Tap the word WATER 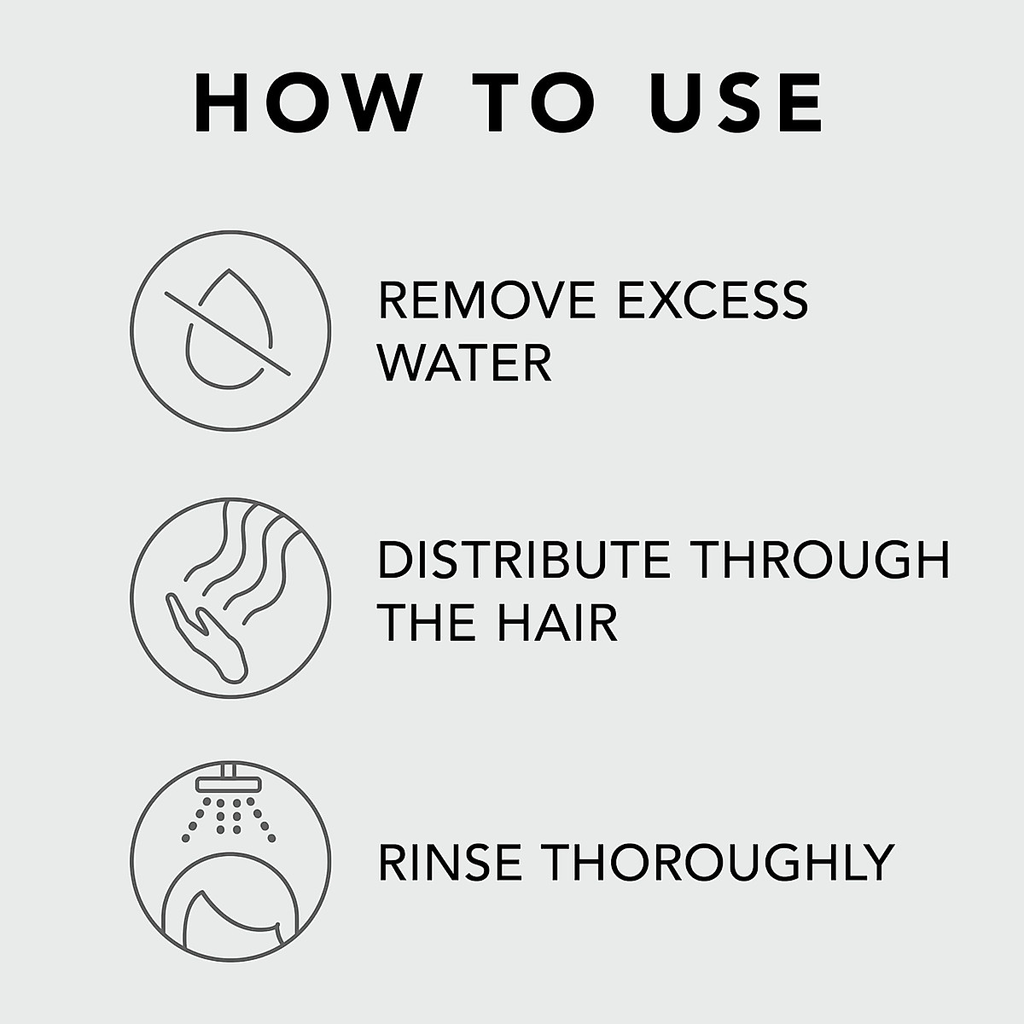(x=465, y=363)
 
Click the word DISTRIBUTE (x=526, y=560)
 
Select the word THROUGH (x=819, y=560)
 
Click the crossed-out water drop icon (x=230, y=330)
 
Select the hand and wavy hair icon (x=230, y=596)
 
